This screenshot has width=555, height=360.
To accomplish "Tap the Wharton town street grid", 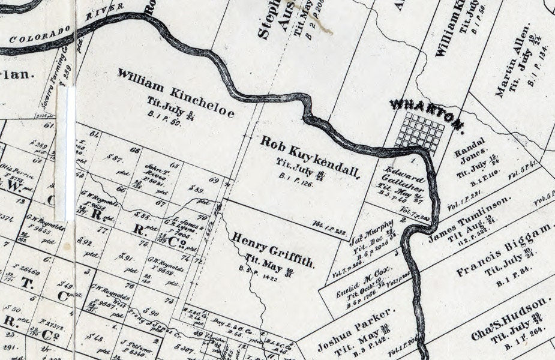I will (x=420, y=132).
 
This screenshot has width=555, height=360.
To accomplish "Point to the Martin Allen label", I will (x=513, y=61).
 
